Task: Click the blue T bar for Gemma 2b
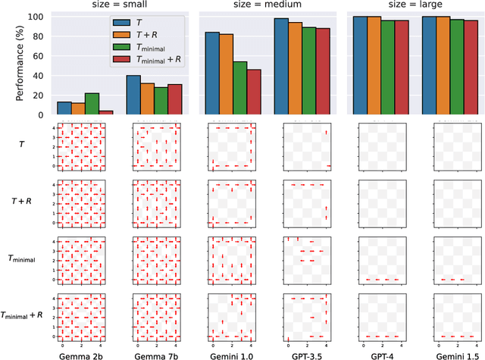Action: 64,108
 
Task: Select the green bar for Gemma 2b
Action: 92,104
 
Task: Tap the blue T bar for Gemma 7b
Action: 133,95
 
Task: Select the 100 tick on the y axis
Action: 39,16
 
